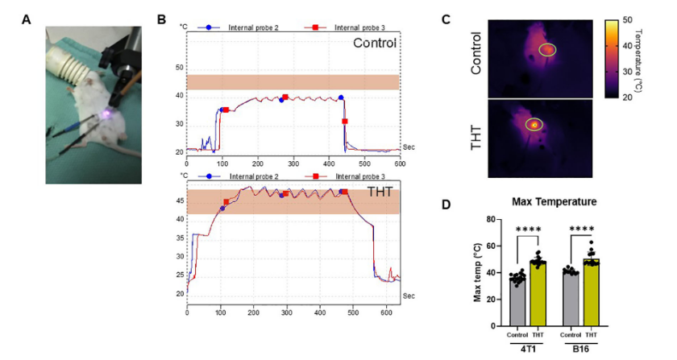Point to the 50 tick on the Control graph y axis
click(180, 67)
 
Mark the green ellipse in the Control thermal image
click(547, 50)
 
